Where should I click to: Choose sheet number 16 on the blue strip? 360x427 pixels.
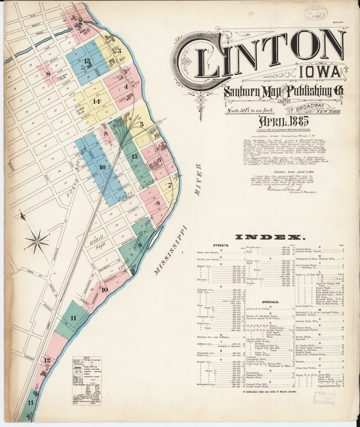coord(103,167)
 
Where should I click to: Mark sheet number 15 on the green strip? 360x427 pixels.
coord(134,157)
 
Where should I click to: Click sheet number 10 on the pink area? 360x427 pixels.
coord(104,290)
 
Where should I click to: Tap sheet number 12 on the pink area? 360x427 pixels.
coord(47,360)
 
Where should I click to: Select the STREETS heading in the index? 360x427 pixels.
coord(221,246)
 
